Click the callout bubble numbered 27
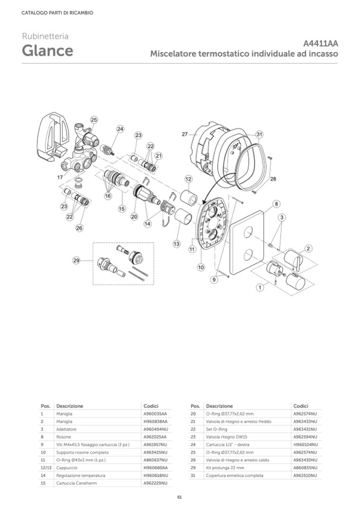coord(185,134)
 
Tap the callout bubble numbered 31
coord(259,134)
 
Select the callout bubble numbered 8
coord(276,204)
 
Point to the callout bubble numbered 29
coord(76,261)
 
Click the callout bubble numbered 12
coord(188,179)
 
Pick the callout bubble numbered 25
coord(94,120)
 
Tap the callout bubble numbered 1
coord(260,287)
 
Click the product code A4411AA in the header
coord(320,44)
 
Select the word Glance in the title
coord(47,50)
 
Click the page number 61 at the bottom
coord(179,497)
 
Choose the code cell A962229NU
coord(156,483)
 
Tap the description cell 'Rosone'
coord(63,437)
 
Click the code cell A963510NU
coord(305,476)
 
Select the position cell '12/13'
coord(46,468)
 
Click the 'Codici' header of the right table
coord(301,406)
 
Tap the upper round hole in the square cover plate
coord(248,232)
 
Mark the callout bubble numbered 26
coord(79,228)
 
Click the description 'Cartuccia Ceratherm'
coord(76,483)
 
